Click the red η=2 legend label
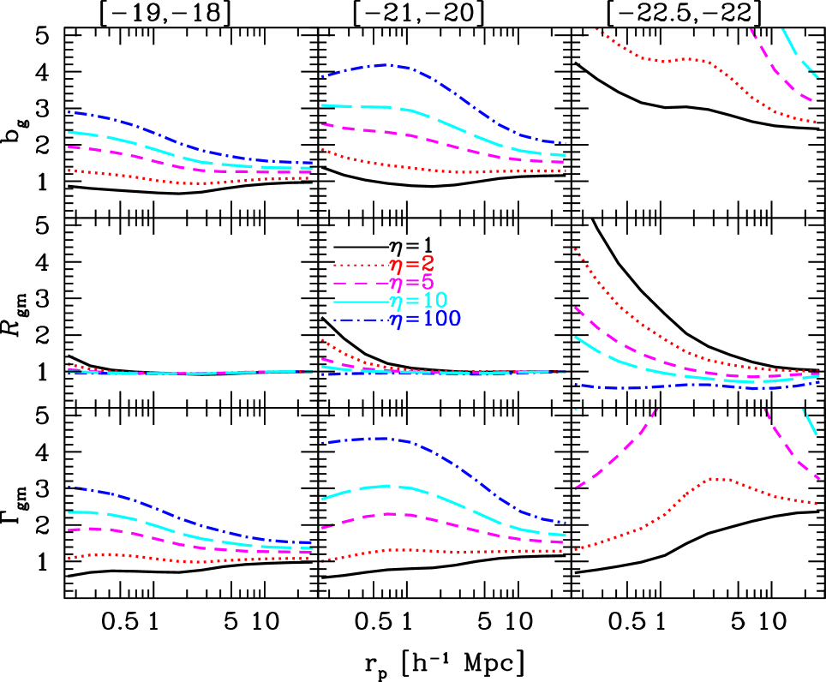point(411,265)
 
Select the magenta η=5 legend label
point(411,283)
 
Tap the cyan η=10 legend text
point(417,302)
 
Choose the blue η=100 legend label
point(424,320)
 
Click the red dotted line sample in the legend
point(360,266)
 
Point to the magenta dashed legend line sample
point(360,284)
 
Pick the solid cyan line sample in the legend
point(360,302)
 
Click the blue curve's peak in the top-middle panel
point(390,65)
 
